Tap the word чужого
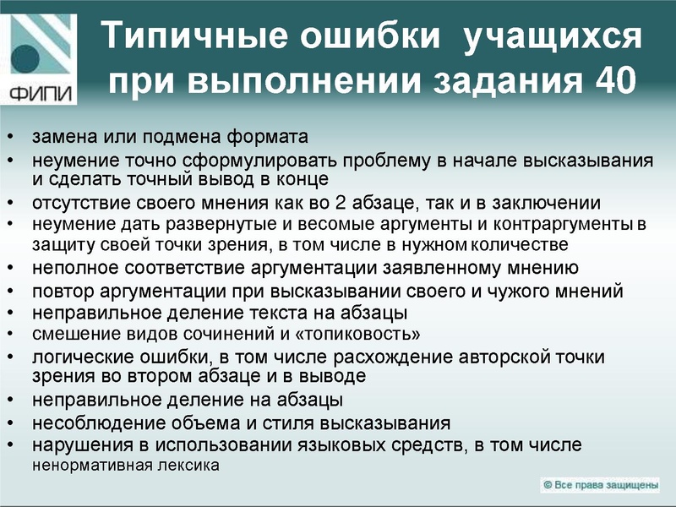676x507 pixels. point(512,291)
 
